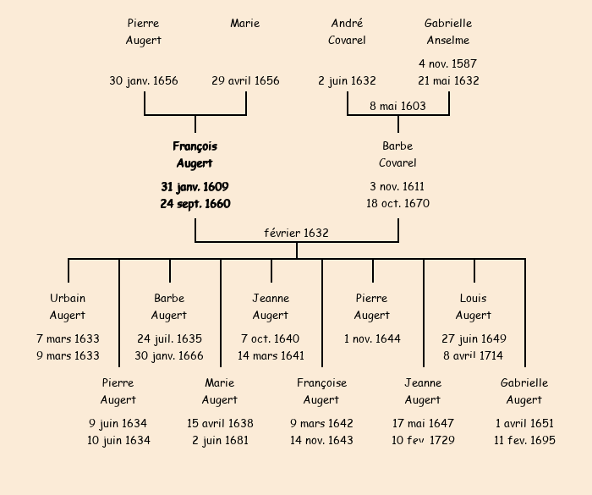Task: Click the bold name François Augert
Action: point(195,155)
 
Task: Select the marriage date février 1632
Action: point(296,233)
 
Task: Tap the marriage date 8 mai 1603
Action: point(397,106)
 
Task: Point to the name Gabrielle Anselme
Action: point(448,31)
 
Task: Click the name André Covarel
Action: point(347,31)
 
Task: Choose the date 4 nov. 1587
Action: point(448,63)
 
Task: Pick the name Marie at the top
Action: point(245,24)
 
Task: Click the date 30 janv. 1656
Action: point(144,81)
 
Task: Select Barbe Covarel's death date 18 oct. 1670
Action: point(397,204)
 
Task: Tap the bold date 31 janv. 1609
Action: point(195,187)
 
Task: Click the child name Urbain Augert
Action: point(68,306)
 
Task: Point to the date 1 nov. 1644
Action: point(372,339)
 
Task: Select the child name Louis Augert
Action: point(474,306)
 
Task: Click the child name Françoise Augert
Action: point(321,391)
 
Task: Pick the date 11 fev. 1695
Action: point(524,440)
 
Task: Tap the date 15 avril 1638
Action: point(220,423)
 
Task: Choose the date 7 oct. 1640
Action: point(271,339)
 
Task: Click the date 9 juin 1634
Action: point(118,423)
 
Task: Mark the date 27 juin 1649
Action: point(474,339)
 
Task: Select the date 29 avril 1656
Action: point(245,81)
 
